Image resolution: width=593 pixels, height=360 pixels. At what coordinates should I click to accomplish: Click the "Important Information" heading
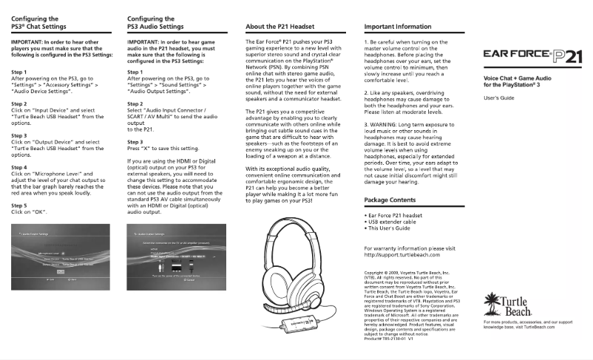point(399,26)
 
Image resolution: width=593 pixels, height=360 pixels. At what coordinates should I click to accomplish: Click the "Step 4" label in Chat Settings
point(20,168)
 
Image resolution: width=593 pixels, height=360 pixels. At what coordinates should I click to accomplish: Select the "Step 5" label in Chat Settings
point(20,205)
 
